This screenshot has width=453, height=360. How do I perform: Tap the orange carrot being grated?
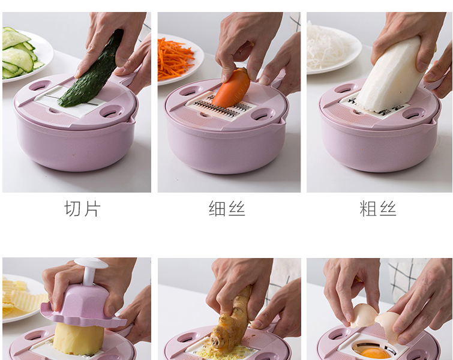(231, 88)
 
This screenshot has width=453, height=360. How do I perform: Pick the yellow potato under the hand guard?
(79, 338)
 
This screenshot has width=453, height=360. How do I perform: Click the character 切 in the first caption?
(72, 209)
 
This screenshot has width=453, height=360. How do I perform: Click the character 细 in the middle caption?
(217, 209)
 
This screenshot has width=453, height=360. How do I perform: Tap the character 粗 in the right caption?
(367, 209)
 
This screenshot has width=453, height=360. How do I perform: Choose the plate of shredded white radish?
(332, 49)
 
